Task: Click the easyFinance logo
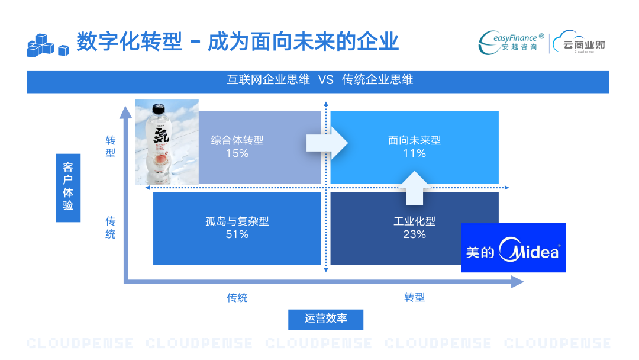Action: [511, 41]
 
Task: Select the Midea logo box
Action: [513, 247]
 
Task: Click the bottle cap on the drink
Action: [158, 109]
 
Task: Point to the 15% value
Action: [237, 153]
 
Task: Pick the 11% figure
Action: [414, 153]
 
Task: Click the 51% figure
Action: [237, 234]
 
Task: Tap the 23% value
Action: [414, 234]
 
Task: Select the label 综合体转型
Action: [237, 140]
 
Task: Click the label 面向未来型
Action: [414, 140]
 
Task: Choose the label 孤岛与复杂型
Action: [237, 221]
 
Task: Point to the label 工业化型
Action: [414, 221]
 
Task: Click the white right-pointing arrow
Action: [327, 143]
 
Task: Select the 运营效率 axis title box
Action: [325, 319]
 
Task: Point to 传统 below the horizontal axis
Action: [237, 297]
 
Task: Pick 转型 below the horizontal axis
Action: [414, 297]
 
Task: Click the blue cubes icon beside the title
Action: [47, 45]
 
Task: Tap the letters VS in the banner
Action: [326, 80]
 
